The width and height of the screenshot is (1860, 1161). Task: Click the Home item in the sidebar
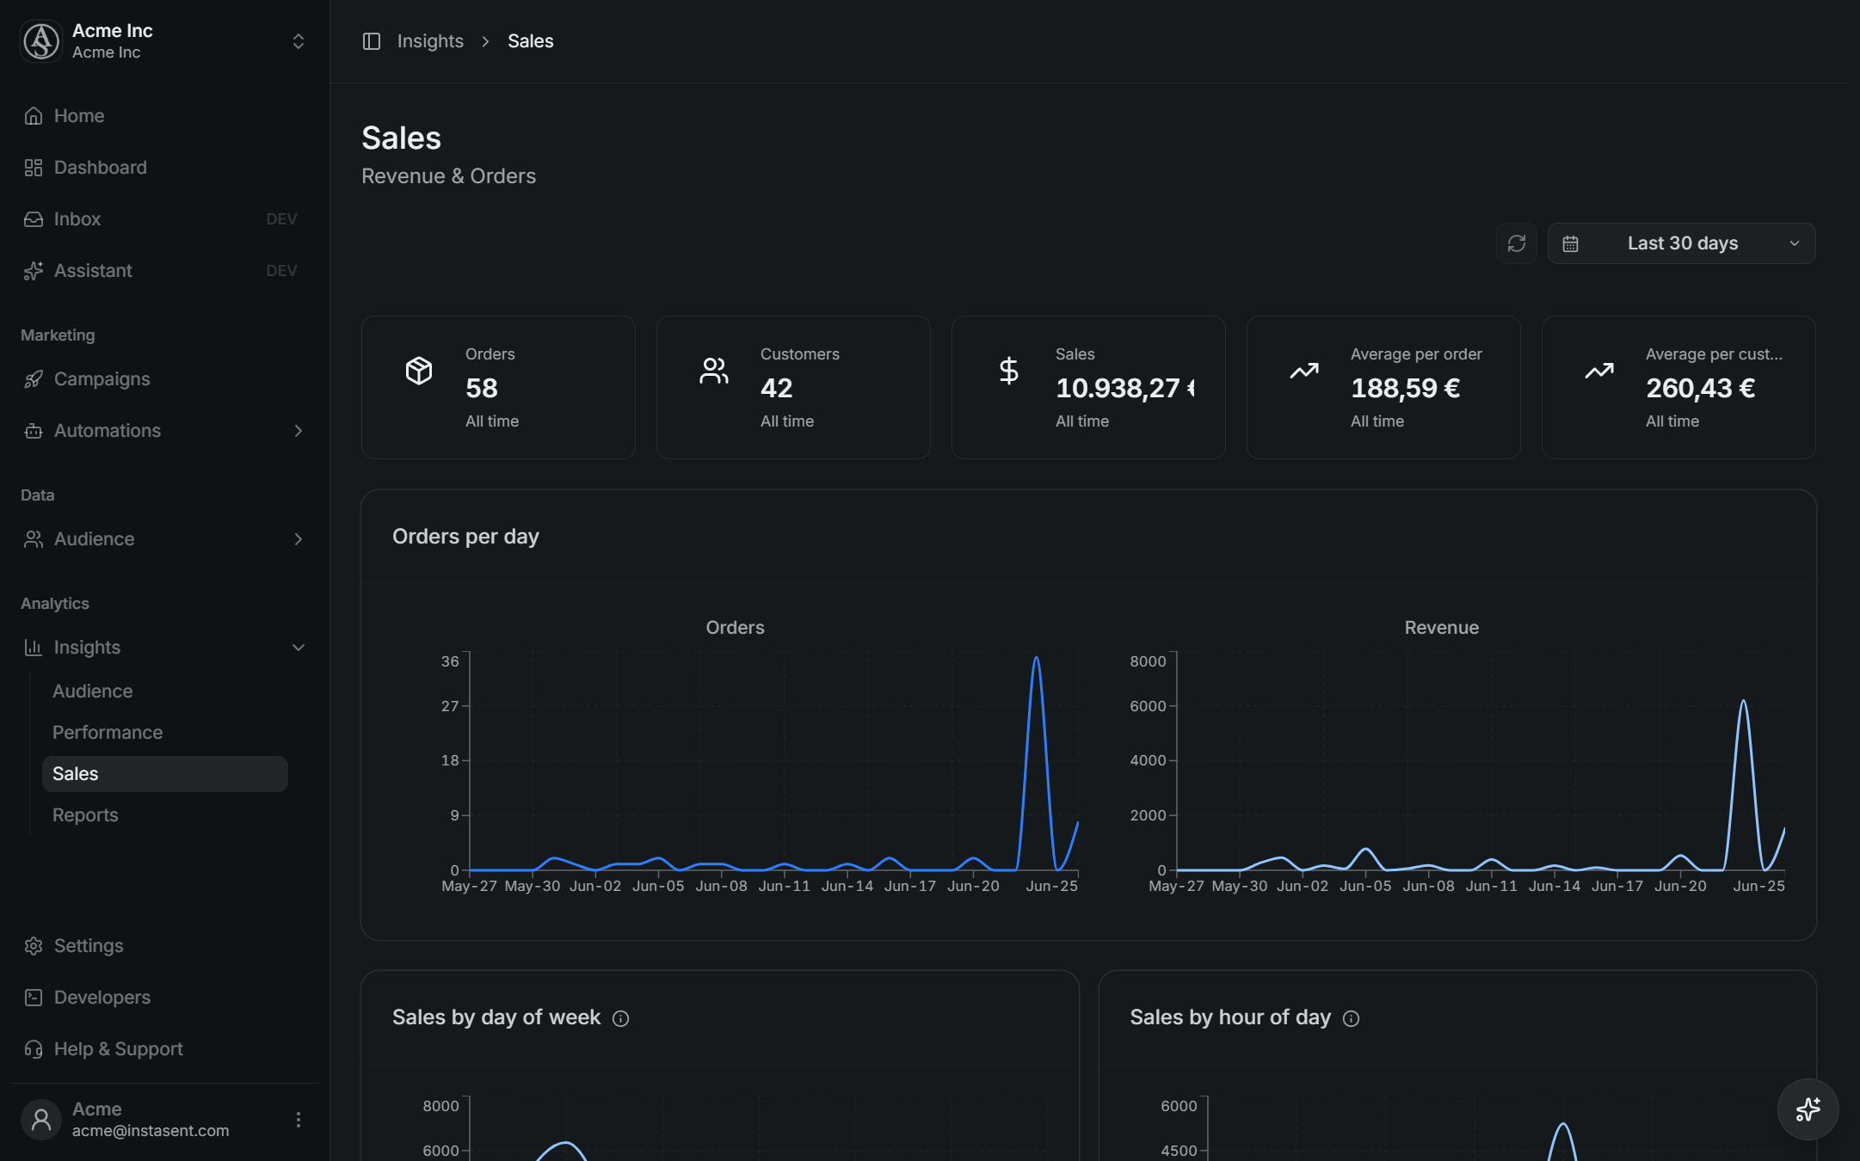(65, 116)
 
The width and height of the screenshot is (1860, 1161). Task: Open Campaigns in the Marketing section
(87, 379)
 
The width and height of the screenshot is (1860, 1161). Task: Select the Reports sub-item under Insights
(85, 815)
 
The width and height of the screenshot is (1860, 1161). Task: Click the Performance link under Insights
(108, 733)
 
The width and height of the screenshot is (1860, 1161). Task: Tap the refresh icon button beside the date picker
(1517, 243)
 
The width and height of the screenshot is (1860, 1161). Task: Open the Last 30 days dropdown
(1682, 243)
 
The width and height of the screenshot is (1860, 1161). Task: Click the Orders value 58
(482, 388)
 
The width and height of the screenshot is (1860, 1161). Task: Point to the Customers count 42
(776, 388)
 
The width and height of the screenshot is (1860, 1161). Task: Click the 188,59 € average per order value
(1406, 388)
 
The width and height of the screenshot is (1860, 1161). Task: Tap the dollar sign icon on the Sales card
(1009, 371)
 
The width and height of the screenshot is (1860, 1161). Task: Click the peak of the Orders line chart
(1037, 658)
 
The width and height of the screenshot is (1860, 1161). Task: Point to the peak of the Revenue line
(1744, 701)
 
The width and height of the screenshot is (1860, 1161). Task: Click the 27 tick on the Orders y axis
(450, 706)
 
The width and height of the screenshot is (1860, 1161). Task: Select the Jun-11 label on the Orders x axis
(785, 886)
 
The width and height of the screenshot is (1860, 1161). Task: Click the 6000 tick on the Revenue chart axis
(1148, 706)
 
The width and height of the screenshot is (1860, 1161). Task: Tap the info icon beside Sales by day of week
(620, 1019)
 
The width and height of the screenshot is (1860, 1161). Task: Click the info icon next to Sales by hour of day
(1352, 1019)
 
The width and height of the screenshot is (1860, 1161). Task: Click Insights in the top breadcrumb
(430, 41)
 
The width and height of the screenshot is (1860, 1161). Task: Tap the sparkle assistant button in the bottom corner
(1808, 1109)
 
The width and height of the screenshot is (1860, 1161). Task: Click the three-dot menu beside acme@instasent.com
(299, 1120)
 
